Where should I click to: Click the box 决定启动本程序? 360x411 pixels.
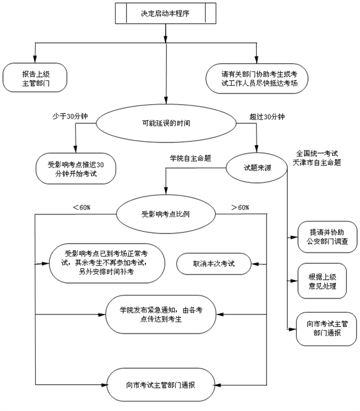pyautogui.click(x=165, y=13)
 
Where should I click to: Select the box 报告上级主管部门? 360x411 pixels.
pyautogui.click(x=35, y=79)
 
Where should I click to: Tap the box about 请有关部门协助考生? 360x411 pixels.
pyautogui.click(x=256, y=79)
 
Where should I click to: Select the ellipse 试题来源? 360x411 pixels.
pyautogui.click(x=257, y=169)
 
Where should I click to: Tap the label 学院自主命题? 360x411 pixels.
pyautogui.click(x=191, y=158)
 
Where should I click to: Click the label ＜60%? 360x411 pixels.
pyautogui.click(x=81, y=207)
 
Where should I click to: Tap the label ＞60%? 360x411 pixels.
pyautogui.click(x=240, y=207)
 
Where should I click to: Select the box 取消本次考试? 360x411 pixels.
pyautogui.click(x=213, y=263)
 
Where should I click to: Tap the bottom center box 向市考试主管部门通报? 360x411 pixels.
pyautogui.click(x=161, y=385)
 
